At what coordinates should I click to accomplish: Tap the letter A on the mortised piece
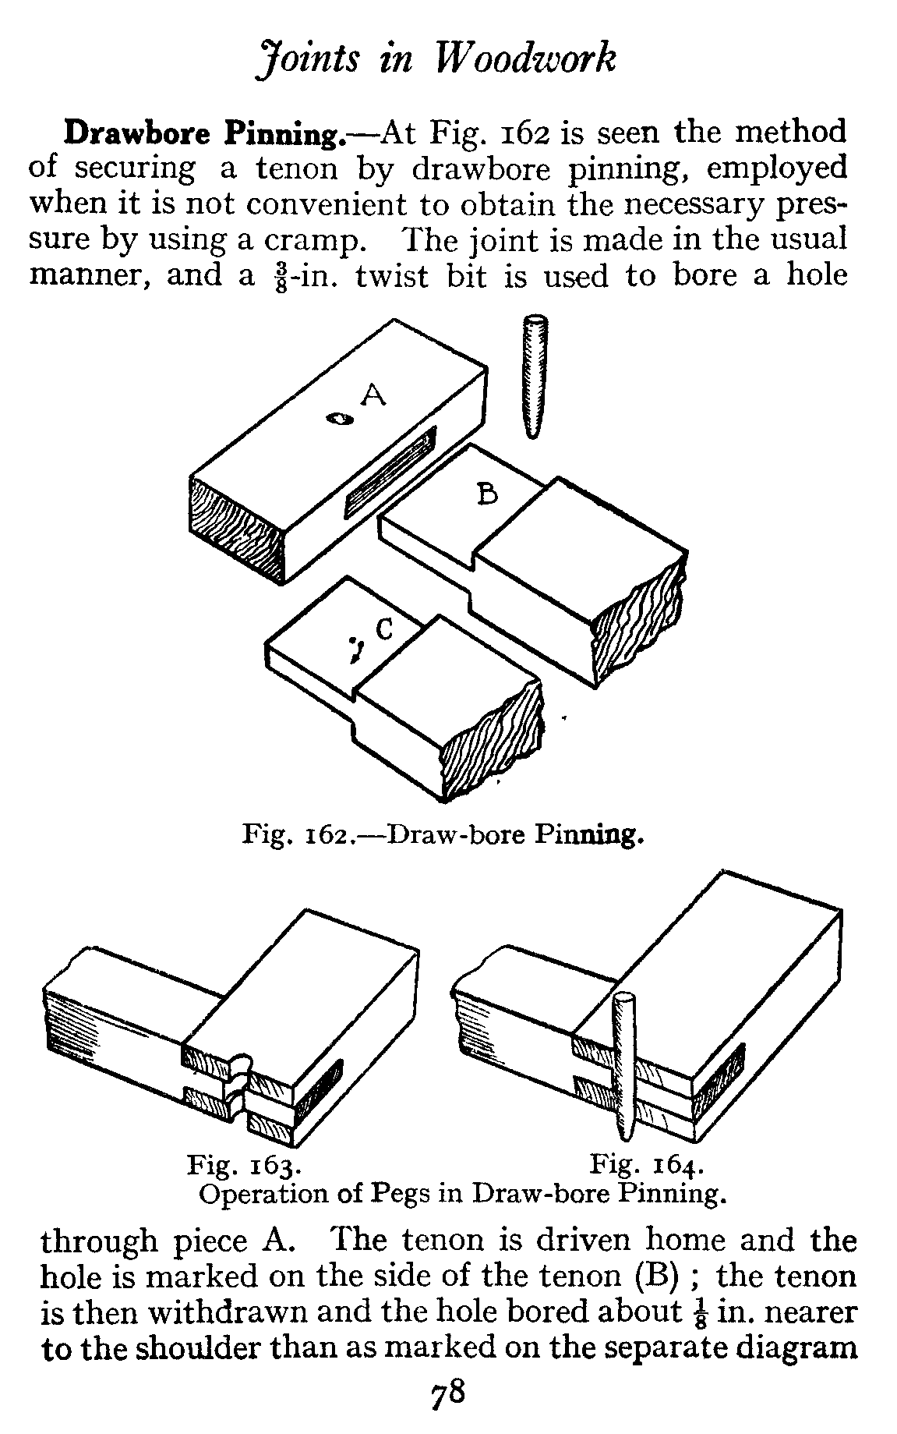pyautogui.click(x=374, y=397)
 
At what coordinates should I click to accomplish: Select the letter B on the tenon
pyautogui.click(x=487, y=494)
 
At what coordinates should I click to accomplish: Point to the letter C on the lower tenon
pyautogui.click(x=384, y=628)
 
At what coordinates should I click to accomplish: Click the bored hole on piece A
pyautogui.click(x=340, y=420)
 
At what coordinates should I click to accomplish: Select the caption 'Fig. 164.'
pyautogui.click(x=647, y=1166)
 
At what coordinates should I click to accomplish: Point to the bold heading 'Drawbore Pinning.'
pyautogui.click(x=205, y=133)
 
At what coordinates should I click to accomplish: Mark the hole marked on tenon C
pyautogui.click(x=357, y=647)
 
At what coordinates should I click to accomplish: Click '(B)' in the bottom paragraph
pyautogui.click(x=665, y=1276)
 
